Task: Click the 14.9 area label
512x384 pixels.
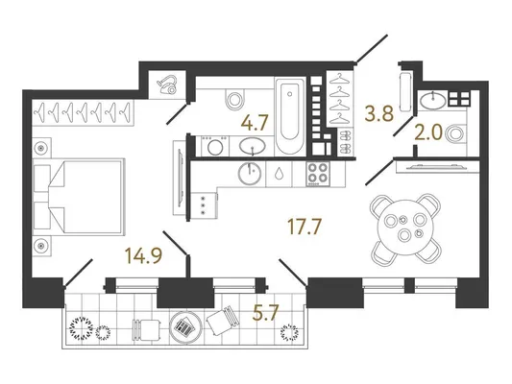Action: [144, 255]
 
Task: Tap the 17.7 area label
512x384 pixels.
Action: [305, 227]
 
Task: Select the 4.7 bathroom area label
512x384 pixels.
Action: [255, 123]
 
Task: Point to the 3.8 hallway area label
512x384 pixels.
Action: [379, 114]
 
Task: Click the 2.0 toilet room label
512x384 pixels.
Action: [428, 133]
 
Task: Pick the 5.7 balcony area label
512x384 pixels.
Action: [265, 314]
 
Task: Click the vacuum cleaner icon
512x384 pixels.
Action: [167, 84]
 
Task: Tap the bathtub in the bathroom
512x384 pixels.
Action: [290, 116]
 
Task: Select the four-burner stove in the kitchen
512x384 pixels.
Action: [318, 174]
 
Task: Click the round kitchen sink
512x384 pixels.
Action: [250, 173]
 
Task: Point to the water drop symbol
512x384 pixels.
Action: [280, 173]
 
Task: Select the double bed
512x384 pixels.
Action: [80, 196]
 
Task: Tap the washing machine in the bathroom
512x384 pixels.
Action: [215, 146]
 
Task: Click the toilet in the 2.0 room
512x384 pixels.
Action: [456, 133]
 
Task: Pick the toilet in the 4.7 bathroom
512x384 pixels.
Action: [234, 99]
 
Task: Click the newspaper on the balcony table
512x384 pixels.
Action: [184, 327]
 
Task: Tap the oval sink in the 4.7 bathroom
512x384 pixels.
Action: [252, 146]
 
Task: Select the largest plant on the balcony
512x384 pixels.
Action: [81, 328]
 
